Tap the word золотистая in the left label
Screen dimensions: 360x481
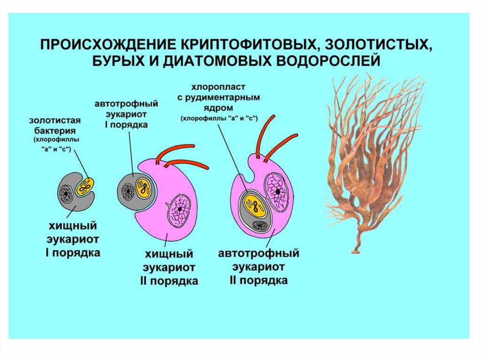(51, 121)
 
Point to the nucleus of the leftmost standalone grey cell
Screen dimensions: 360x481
(65, 193)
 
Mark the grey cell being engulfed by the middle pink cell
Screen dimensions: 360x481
(134, 190)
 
